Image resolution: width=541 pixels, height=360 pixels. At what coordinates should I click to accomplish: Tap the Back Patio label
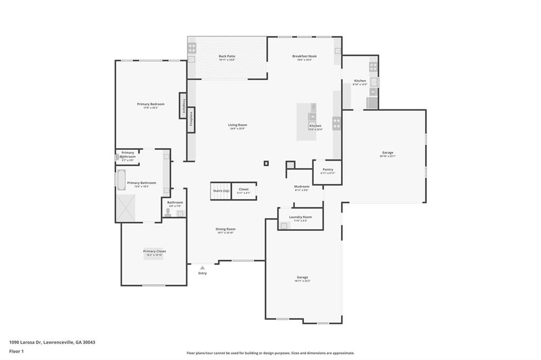click(x=227, y=56)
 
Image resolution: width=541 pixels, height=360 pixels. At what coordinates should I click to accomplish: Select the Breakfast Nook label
click(x=304, y=56)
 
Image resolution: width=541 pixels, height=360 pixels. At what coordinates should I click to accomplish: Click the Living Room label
click(x=237, y=125)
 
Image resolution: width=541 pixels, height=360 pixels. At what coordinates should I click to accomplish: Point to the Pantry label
click(x=328, y=169)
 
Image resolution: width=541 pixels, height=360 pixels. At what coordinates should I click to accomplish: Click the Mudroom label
click(x=302, y=186)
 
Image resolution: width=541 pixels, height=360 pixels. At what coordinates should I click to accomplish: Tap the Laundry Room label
click(x=300, y=217)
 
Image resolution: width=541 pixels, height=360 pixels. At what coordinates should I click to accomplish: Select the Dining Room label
click(x=225, y=229)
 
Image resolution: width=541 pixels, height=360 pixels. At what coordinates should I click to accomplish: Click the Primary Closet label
click(x=154, y=251)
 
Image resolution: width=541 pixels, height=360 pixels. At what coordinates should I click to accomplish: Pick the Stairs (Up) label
click(x=221, y=190)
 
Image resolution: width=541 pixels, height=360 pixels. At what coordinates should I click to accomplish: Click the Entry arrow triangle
click(x=202, y=268)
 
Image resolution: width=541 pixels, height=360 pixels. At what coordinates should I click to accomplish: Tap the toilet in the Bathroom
click(x=168, y=212)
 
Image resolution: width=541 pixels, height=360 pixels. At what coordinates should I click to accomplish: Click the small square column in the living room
click(x=266, y=164)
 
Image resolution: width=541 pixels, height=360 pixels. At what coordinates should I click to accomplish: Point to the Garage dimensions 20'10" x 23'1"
click(x=388, y=156)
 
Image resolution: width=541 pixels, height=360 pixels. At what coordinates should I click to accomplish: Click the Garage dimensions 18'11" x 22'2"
click(x=302, y=281)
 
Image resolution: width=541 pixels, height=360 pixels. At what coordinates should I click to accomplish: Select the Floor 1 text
click(x=17, y=350)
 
